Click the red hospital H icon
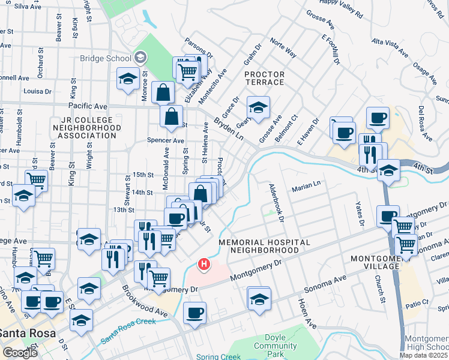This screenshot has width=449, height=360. tap(204, 263)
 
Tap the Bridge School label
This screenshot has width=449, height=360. tap(106, 58)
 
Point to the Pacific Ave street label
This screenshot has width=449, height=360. tap(87, 105)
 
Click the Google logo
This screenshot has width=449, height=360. tap(20, 352)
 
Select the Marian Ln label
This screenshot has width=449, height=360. tap(306, 188)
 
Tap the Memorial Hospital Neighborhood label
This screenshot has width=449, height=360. tap(264, 246)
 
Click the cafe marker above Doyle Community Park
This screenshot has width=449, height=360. tap(194, 313)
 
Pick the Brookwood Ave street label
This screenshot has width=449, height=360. tap(145, 302)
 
